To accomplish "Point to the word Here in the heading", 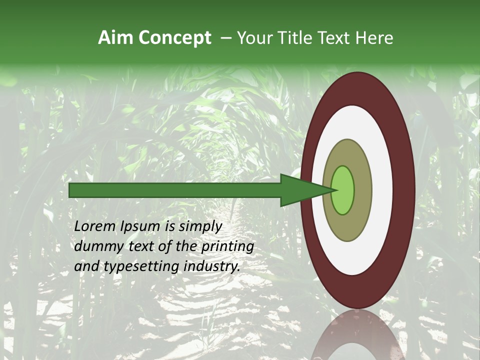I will [x=374, y=38].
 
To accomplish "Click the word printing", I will [x=227, y=247].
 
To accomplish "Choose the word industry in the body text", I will [x=211, y=267].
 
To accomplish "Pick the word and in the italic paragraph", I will [x=86, y=266].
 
